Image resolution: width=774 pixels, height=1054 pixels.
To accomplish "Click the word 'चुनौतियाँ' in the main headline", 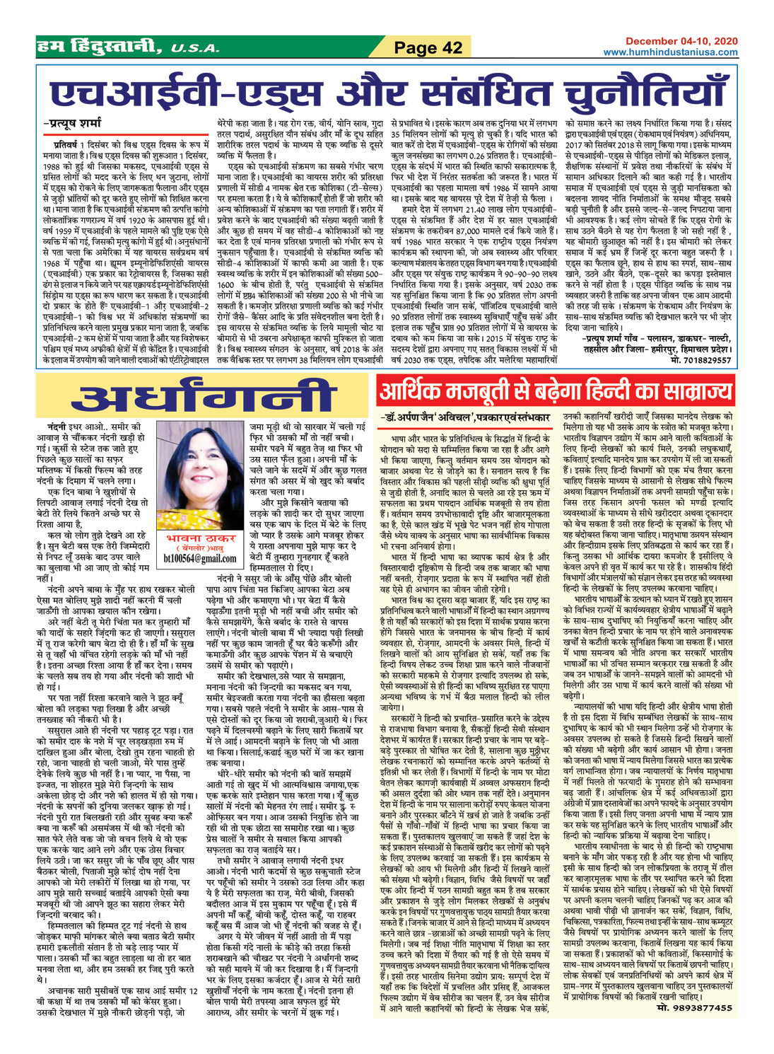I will point(643,93).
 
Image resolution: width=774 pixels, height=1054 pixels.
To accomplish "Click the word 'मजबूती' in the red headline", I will point(480,391).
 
